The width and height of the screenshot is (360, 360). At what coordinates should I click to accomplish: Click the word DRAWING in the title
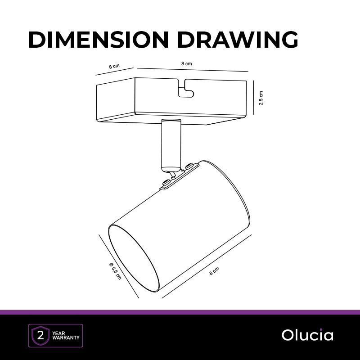coord(238,40)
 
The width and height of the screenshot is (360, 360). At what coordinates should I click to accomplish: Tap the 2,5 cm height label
coord(261,98)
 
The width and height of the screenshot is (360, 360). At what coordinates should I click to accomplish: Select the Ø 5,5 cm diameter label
coord(115,271)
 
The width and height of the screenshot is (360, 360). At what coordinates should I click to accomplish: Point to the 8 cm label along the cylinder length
coord(214,271)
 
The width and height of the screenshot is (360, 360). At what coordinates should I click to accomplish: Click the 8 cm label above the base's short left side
coord(114,66)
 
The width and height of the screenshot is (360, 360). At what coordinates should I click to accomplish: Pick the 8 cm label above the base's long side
coord(186,63)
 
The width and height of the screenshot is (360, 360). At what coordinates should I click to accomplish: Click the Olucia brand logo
coord(307,335)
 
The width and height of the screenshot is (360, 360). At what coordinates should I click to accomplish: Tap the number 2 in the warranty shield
coord(40,336)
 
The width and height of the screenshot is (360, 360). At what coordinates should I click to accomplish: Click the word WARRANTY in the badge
coord(66,338)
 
